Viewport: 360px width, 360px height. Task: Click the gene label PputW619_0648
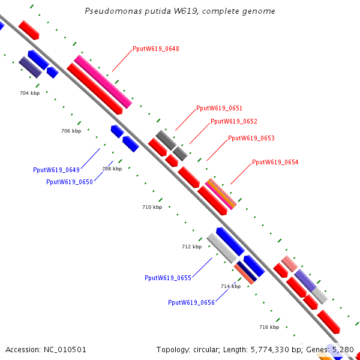pos(155,49)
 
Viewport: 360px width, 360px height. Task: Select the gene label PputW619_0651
pos(219,108)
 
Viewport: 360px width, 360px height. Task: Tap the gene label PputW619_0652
pos(233,121)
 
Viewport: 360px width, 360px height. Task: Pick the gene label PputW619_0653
pos(251,138)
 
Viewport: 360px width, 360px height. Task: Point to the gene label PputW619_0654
pos(275,162)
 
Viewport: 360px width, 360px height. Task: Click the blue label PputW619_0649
pos(56,170)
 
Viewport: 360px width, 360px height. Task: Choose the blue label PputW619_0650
pos(69,182)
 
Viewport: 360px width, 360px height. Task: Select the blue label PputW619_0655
pos(167,278)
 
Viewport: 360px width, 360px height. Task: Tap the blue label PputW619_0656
pos(191,302)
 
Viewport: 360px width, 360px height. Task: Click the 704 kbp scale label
pos(29,93)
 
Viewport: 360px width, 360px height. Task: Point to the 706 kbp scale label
pos(71,131)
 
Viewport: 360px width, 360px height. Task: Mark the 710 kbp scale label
pos(152,207)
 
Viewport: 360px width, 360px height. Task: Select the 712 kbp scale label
pos(191,247)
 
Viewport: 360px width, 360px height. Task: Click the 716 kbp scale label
pos(269,327)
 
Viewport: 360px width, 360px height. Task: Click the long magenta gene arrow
pos(103,82)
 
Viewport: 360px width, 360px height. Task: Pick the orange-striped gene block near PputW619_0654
pos(221,194)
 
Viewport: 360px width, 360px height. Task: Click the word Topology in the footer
pos(173,349)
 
